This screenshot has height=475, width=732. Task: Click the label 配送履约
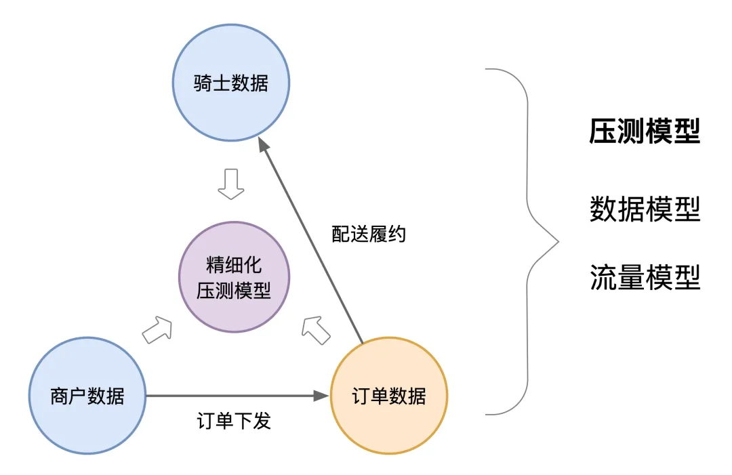point(369,234)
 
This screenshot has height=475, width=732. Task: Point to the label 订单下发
point(234,420)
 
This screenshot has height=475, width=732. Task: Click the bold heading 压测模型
point(645,131)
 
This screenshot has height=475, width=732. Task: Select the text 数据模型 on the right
point(645,209)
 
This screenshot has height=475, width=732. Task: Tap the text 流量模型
point(645,277)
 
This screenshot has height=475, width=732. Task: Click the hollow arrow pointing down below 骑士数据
point(231,184)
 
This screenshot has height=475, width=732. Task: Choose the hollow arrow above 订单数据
point(316,330)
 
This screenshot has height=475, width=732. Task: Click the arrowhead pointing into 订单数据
point(321,396)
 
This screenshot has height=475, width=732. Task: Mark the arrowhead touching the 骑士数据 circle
point(264,144)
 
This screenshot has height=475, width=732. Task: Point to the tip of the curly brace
point(558,242)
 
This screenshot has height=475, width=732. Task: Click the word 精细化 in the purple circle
point(234,265)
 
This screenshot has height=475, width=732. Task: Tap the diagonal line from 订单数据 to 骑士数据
point(310,241)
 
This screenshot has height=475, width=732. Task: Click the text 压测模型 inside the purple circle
point(234,291)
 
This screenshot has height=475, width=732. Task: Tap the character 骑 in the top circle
point(203,83)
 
